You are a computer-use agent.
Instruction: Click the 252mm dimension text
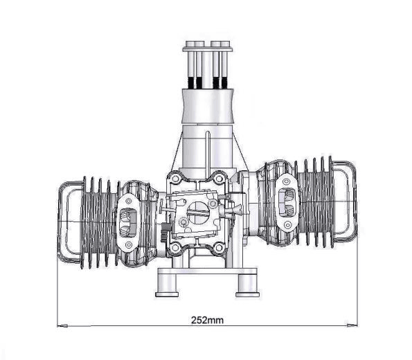(x=207, y=320)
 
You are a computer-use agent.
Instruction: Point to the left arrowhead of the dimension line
(x=62, y=326)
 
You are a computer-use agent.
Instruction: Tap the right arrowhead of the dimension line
(x=352, y=325)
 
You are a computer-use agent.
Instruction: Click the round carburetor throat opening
(x=198, y=213)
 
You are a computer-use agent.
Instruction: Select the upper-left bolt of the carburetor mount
(x=175, y=179)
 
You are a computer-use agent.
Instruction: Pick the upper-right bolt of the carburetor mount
(x=219, y=179)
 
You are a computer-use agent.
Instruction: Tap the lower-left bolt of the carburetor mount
(x=175, y=247)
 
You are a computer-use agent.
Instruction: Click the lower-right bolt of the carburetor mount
(x=219, y=247)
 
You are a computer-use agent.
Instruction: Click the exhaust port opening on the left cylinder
(x=128, y=222)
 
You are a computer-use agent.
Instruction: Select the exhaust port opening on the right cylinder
(x=287, y=202)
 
